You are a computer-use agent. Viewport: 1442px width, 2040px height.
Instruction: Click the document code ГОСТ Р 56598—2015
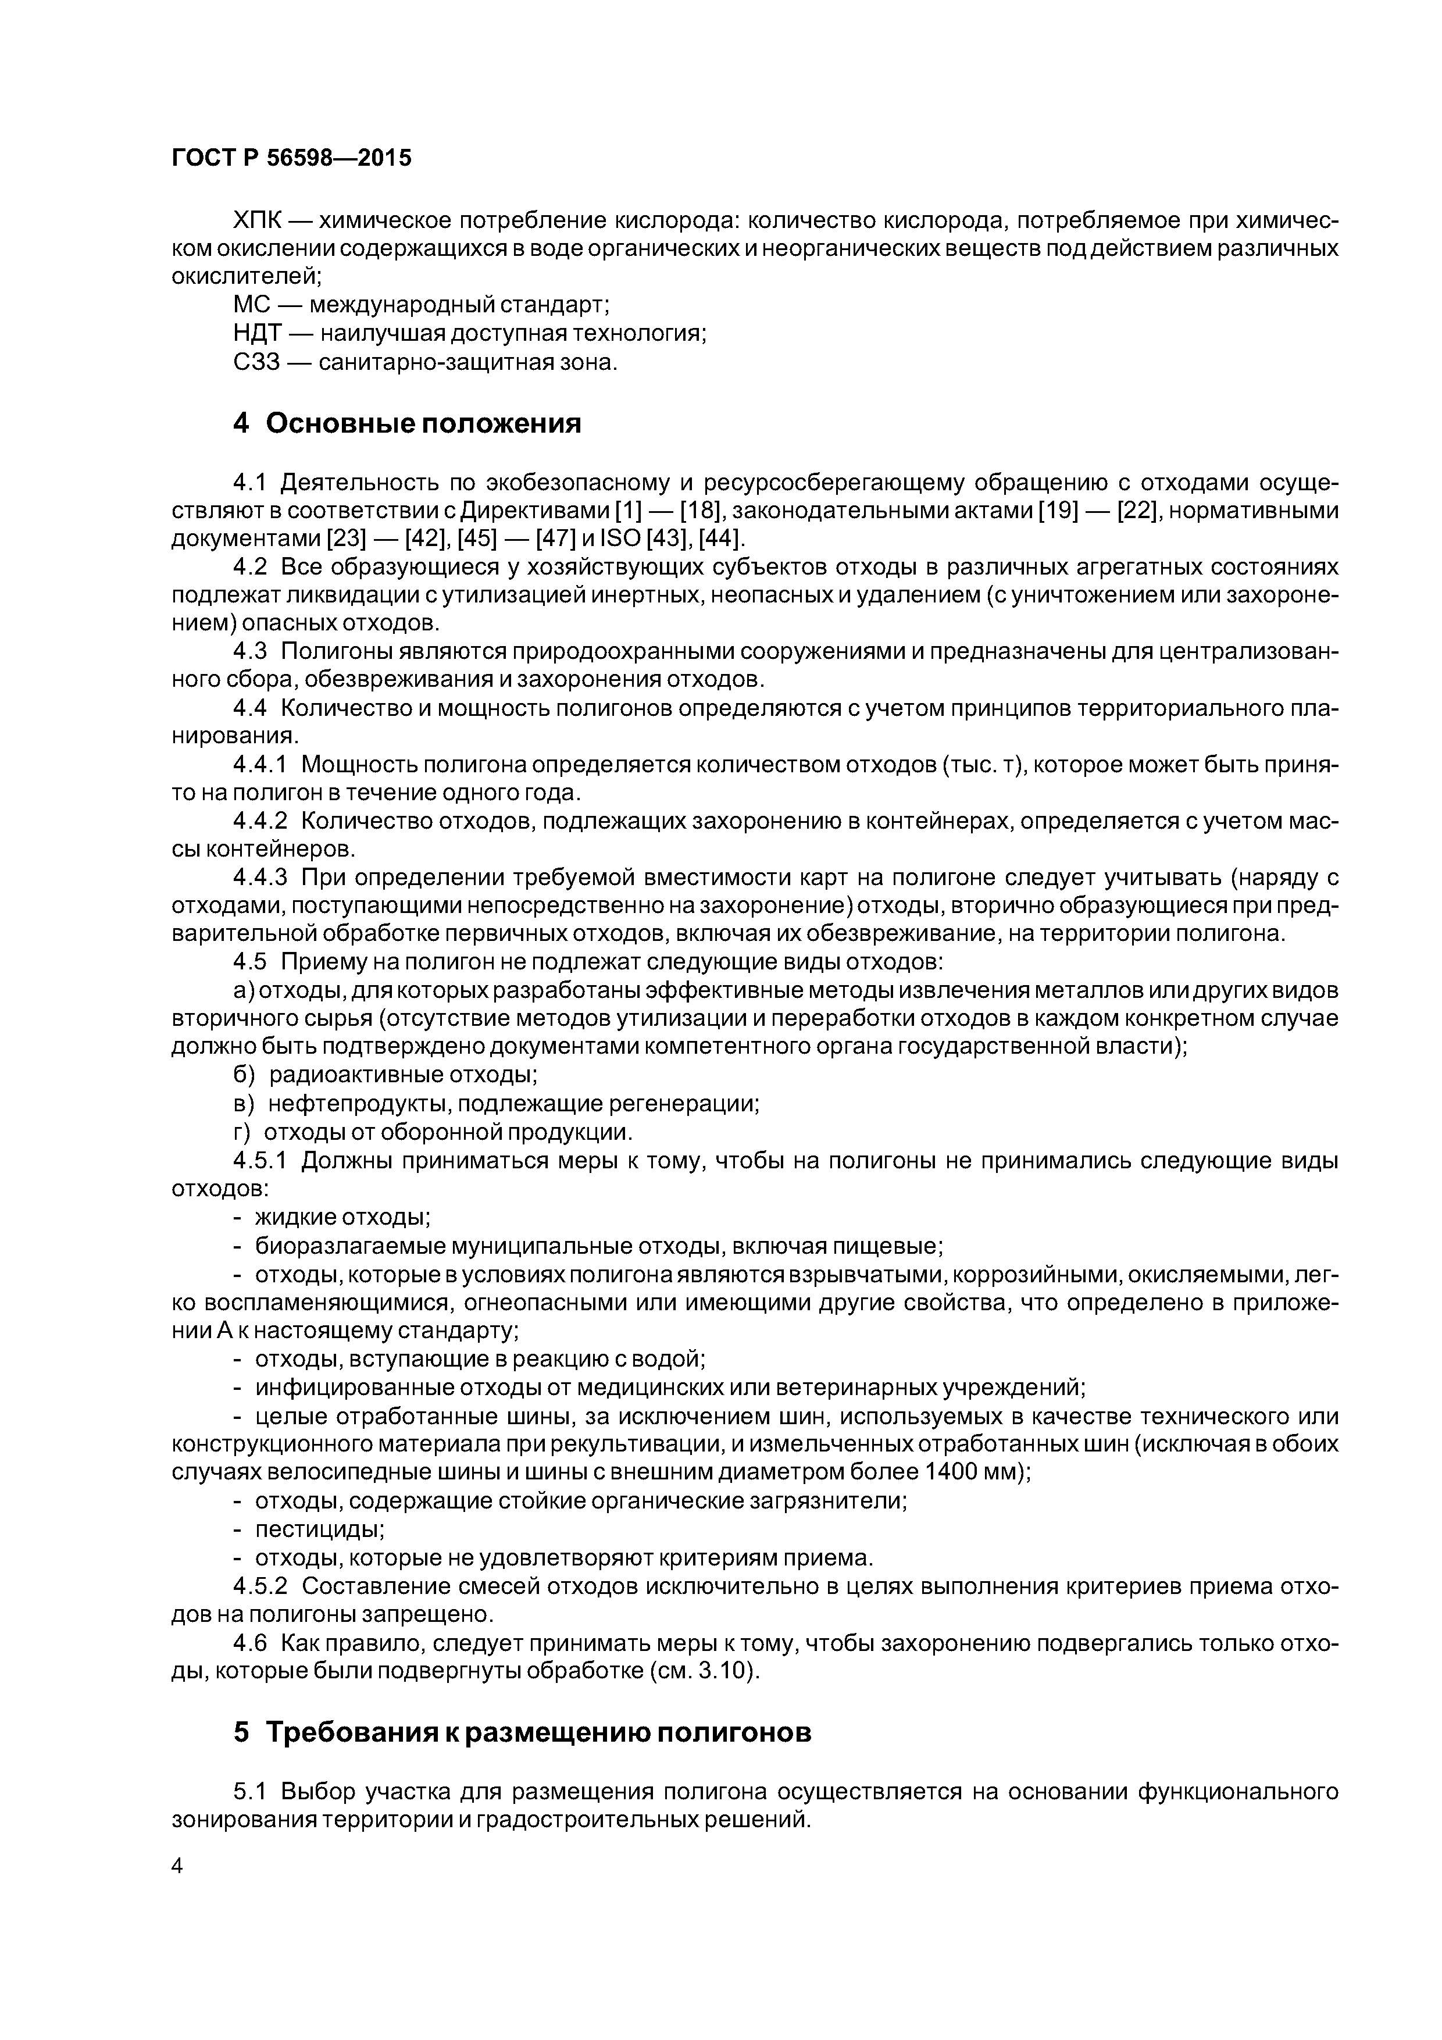click(x=291, y=158)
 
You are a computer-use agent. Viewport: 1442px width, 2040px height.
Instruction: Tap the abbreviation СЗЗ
click(x=256, y=362)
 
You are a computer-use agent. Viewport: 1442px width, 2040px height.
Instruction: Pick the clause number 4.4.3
click(x=260, y=878)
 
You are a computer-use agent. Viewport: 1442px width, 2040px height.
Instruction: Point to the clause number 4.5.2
click(x=260, y=1586)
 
